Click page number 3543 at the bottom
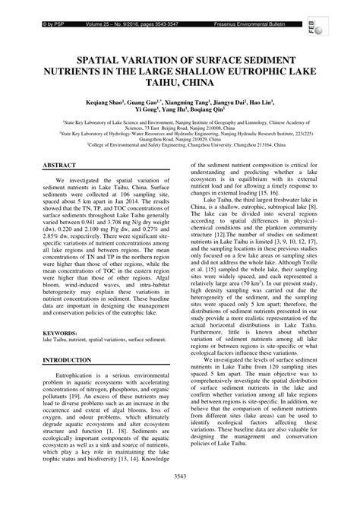(180, 496)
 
